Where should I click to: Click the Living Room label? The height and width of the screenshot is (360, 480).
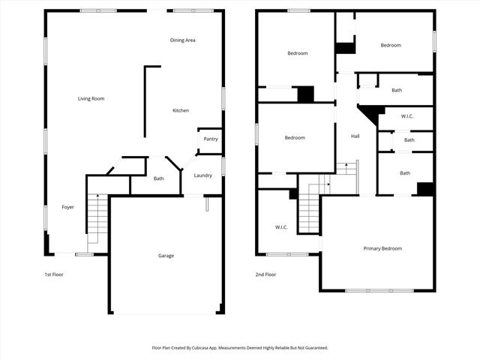point(91,98)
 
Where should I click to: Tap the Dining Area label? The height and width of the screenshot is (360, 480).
point(182,40)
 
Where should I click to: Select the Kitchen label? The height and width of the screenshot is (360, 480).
point(181,110)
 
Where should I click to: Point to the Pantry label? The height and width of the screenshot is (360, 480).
point(211,139)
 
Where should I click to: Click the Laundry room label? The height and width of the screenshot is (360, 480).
point(202,175)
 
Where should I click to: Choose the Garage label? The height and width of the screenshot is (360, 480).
point(166,256)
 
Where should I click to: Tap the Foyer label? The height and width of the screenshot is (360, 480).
point(67,207)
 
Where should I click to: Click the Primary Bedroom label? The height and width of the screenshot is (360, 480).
point(382,248)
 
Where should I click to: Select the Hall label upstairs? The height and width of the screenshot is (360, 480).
point(355,136)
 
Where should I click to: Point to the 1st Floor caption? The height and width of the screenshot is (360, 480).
point(53,274)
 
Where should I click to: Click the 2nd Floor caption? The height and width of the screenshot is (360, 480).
point(265,274)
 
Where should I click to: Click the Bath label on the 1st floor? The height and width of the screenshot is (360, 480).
point(159,178)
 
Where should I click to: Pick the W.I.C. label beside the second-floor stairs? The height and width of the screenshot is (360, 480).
point(281,226)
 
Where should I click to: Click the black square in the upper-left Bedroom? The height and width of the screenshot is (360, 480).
point(305,94)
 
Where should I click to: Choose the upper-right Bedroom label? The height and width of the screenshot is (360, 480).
point(391,45)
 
